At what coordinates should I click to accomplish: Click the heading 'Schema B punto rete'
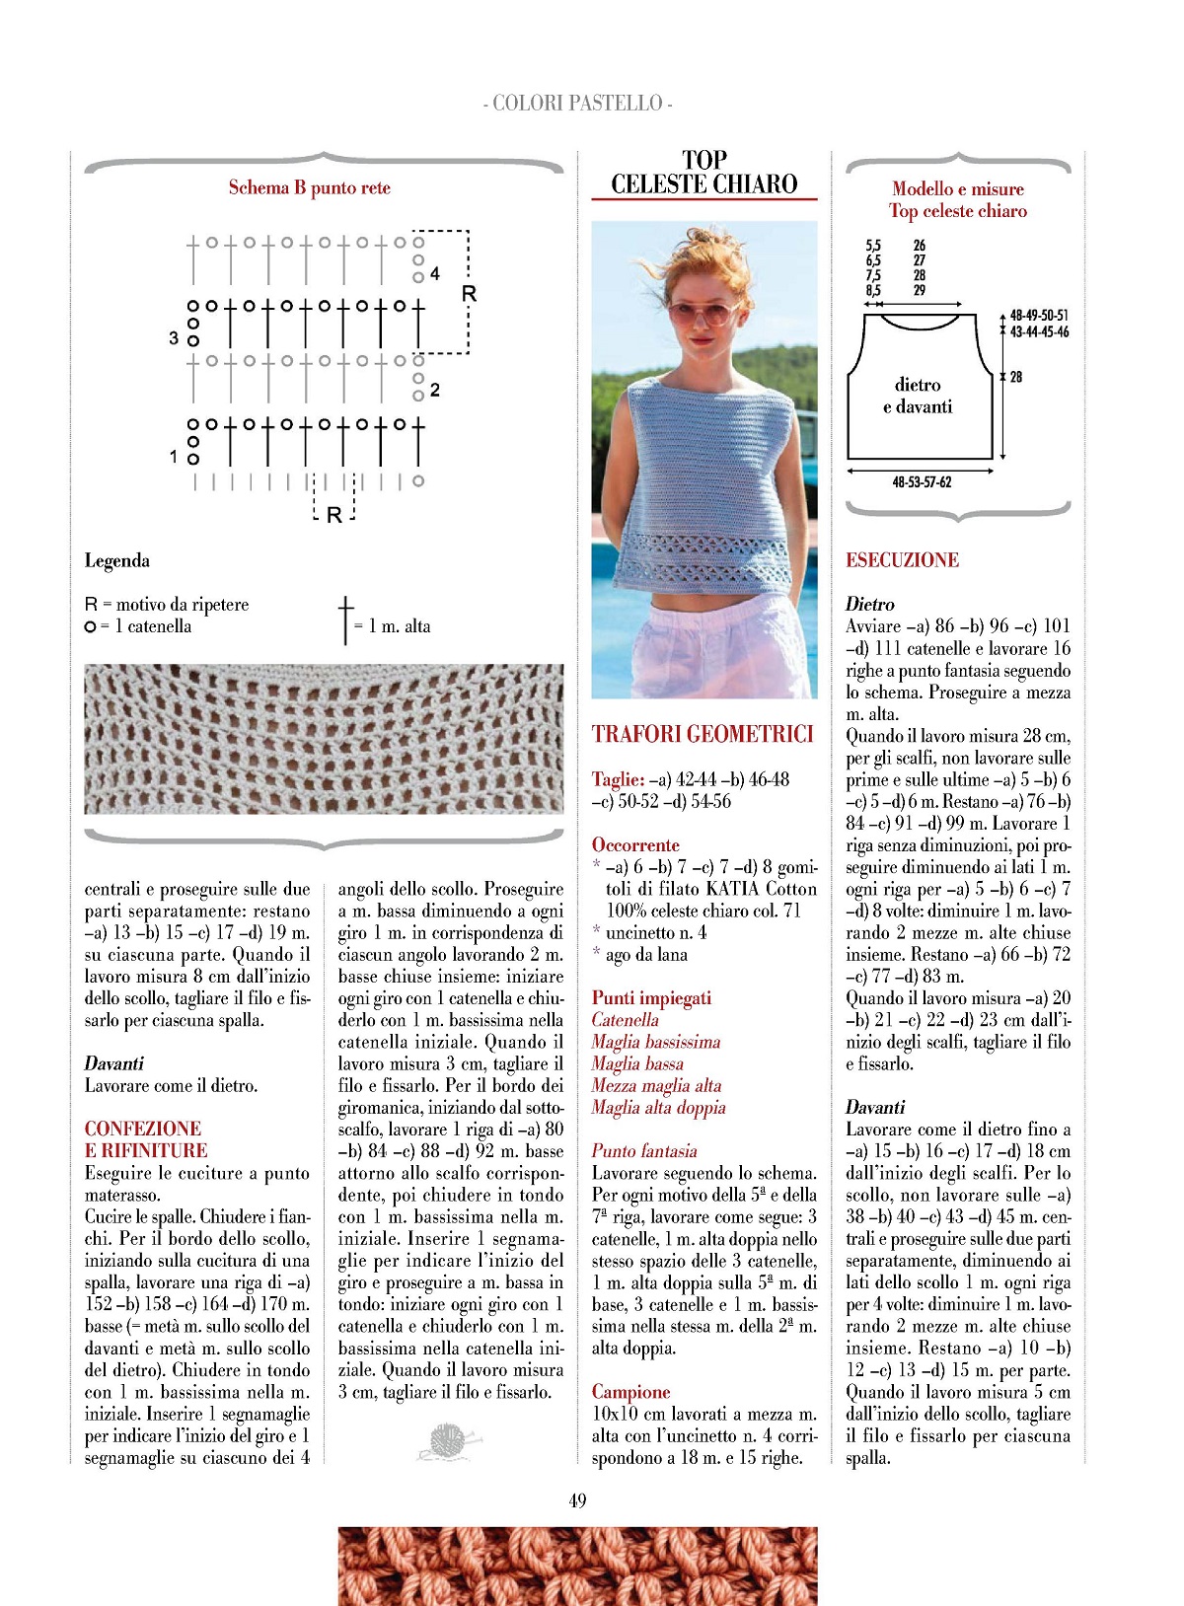tap(309, 187)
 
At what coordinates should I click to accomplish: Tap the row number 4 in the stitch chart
tap(435, 273)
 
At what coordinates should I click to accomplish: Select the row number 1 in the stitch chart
tap(174, 457)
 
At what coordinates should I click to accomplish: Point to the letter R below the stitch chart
tap(333, 515)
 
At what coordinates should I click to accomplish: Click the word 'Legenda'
tap(116, 560)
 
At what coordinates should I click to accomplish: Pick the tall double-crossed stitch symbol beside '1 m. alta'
tap(345, 620)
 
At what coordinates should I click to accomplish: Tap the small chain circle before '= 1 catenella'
tap(91, 626)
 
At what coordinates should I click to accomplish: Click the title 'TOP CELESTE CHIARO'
tap(703, 173)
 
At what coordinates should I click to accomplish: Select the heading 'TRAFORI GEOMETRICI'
tap(703, 734)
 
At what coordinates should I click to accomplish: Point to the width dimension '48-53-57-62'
tap(922, 482)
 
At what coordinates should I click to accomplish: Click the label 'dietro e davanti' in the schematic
tap(918, 396)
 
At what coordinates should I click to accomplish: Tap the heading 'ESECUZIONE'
tap(902, 560)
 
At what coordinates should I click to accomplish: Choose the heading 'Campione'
tap(630, 1392)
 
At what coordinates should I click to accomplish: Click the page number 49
tap(578, 1500)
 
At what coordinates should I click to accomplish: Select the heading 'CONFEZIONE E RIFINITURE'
tap(146, 1139)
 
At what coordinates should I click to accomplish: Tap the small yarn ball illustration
tap(450, 1441)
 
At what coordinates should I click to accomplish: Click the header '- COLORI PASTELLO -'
tap(578, 103)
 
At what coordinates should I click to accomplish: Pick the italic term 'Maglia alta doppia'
tap(658, 1107)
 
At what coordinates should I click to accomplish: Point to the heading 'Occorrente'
tap(635, 844)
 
